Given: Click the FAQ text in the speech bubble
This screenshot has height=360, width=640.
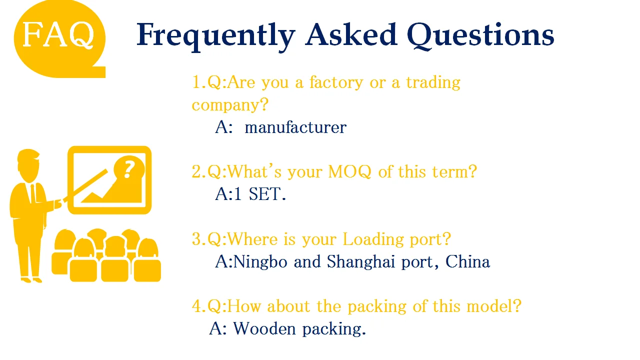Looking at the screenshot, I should click(x=58, y=35).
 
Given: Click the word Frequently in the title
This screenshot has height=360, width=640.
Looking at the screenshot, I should click(x=215, y=35).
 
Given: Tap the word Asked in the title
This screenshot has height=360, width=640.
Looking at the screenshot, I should click(x=350, y=34).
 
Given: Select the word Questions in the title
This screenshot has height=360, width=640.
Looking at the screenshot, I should click(x=480, y=35).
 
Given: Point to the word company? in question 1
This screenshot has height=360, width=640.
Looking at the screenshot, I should click(x=230, y=105).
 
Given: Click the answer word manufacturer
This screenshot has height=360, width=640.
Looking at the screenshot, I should click(x=295, y=127).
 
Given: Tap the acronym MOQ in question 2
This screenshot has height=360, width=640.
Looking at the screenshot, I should click(x=349, y=172).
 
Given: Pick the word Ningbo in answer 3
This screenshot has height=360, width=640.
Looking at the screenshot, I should click(x=260, y=262).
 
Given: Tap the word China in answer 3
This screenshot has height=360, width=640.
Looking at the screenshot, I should click(x=467, y=261).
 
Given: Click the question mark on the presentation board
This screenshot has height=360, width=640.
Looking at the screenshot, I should click(x=128, y=168).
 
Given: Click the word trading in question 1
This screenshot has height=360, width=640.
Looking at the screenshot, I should click(x=433, y=82).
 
